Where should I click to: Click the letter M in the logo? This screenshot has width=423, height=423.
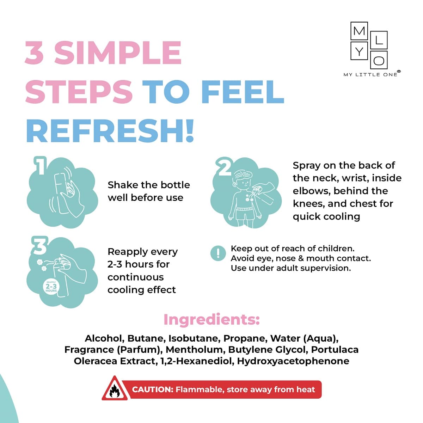coord(359,31)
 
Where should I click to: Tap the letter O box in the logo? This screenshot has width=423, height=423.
coord(379,60)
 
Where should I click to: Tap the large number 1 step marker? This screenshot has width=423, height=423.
coord(40,166)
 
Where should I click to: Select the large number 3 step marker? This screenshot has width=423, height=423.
coord(40,246)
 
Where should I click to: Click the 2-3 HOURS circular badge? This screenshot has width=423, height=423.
coord(51,286)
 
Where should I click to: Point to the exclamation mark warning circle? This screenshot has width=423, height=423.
coord(218,253)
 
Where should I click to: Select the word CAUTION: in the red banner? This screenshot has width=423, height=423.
coord(153,390)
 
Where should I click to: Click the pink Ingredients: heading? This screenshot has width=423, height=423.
coord(211,320)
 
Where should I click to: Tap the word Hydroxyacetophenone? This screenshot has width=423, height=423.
coord(293,361)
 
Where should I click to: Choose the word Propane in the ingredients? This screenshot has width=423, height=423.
coord(245,339)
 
